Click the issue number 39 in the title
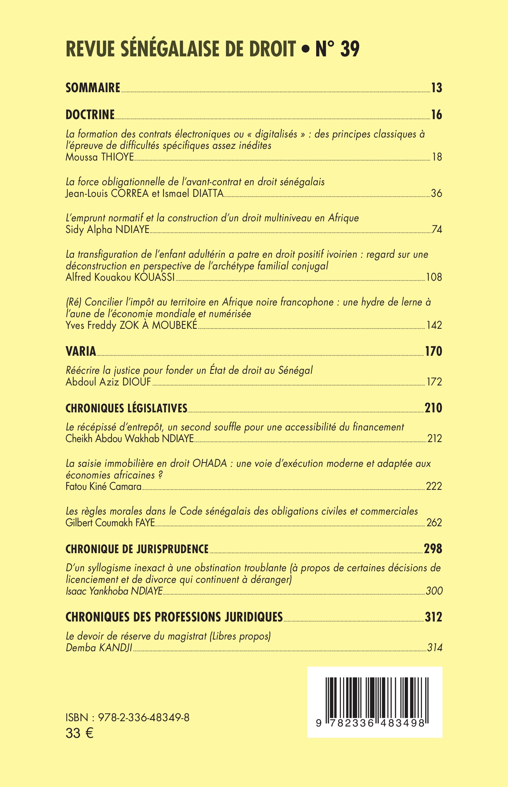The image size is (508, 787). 350,49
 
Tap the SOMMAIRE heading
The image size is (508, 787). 93,88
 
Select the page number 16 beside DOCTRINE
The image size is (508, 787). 436,115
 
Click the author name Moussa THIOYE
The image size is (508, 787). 100,157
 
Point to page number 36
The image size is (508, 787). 436,193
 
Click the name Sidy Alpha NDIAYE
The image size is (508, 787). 107,230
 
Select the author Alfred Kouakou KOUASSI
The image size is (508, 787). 120,277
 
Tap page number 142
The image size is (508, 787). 434,325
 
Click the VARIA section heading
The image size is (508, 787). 81,351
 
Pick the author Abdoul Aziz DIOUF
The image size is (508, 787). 108,382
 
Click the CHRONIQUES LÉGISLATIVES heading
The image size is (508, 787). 126,408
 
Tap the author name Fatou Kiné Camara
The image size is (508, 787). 104,487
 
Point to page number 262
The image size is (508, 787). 434,523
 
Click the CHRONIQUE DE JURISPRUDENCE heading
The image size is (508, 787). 137,549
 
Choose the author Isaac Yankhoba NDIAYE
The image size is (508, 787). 114,591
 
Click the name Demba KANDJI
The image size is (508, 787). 99,648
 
